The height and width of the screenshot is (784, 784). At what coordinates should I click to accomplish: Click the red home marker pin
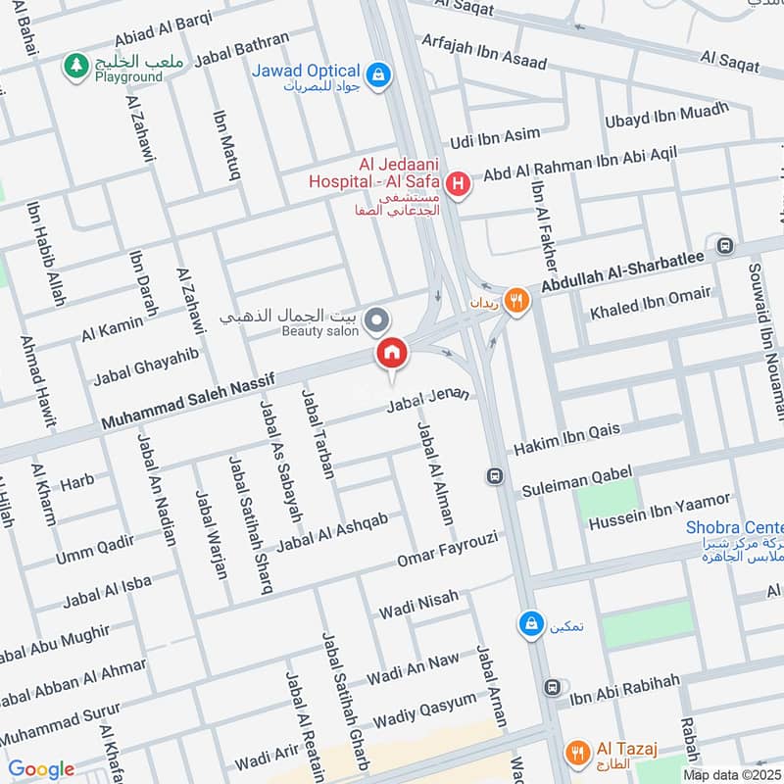click(x=391, y=354)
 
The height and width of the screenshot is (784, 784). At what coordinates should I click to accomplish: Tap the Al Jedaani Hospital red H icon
click(x=456, y=183)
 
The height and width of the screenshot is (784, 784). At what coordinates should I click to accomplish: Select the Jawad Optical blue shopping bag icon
click(x=375, y=73)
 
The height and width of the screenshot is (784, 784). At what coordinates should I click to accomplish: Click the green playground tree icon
click(x=74, y=66)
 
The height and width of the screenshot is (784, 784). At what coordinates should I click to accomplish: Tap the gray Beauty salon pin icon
click(x=376, y=319)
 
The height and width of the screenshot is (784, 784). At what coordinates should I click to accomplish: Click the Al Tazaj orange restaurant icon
click(x=578, y=752)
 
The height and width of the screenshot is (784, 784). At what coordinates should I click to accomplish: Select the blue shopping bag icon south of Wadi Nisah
click(x=530, y=623)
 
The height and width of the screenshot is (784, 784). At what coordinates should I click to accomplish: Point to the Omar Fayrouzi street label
click(x=448, y=550)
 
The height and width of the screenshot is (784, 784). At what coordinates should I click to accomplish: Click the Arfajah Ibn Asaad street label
click(x=483, y=51)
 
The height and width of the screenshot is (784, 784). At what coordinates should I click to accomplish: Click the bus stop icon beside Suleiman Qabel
click(x=495, y=476)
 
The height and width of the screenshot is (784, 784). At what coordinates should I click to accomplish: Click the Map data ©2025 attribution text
click(x=731, y=774)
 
